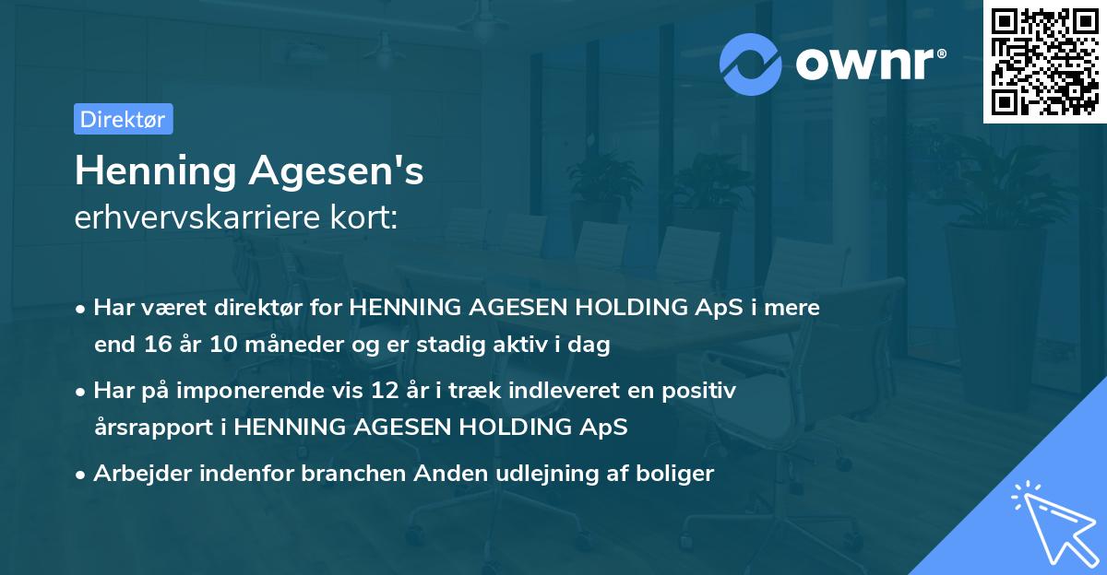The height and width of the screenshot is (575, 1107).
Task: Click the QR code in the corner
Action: pyautogui.click(x=1043, y=62)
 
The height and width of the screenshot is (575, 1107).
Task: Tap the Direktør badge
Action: pyautogui.click(x=123, y=119)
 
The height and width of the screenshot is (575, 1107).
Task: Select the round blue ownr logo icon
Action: pyautogui.click(x=752, y=63)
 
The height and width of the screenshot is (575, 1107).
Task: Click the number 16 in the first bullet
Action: pyautogui.click(x=152, y=346)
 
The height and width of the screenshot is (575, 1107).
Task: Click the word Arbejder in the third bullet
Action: pyautogui.click(x=137, y=474)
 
